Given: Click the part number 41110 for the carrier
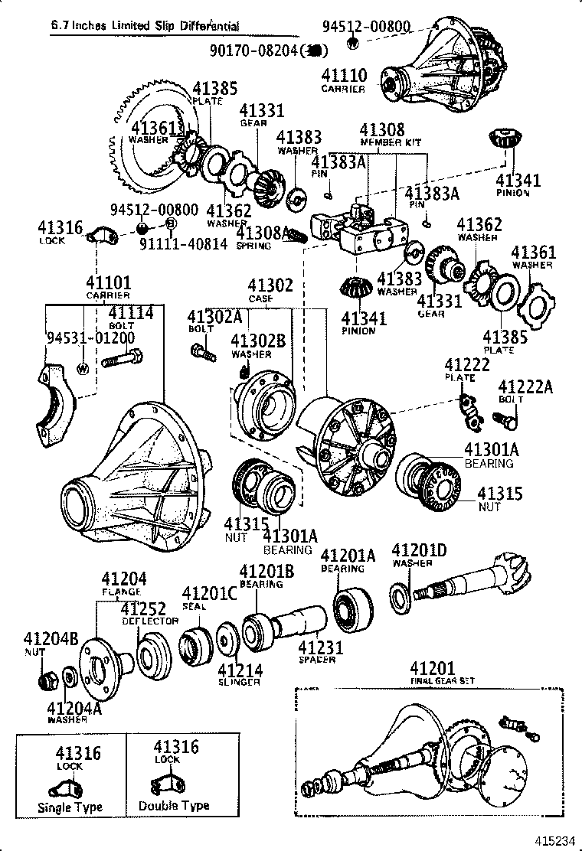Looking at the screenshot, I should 344,76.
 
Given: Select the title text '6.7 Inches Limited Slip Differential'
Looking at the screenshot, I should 145,26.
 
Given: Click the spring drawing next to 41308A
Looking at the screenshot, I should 298,237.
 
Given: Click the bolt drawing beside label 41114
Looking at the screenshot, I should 122,357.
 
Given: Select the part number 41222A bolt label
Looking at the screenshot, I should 525,387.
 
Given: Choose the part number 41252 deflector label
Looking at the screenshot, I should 143,609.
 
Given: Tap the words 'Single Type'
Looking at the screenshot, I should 70,807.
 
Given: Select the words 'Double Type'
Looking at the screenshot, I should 174,806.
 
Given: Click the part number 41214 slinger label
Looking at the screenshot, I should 240,671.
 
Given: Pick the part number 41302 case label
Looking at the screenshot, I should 270,285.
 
